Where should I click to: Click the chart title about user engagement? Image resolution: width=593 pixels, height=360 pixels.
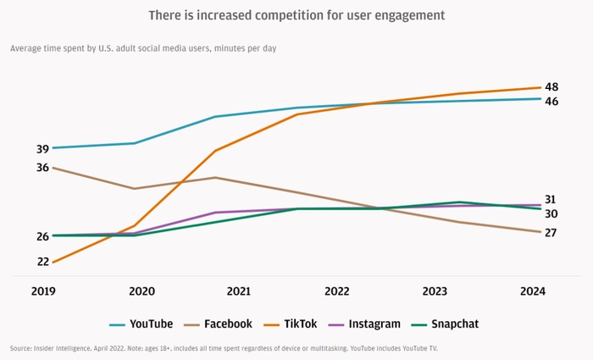(296, 15)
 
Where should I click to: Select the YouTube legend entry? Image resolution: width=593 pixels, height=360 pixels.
(141, 324)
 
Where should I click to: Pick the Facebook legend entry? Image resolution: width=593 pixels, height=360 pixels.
(218, 324)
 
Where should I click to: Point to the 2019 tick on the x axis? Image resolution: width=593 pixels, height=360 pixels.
(43, 291)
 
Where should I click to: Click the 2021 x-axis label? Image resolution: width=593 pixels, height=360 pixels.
(239, 291)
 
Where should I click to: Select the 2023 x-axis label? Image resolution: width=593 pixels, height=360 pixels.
(435, 291)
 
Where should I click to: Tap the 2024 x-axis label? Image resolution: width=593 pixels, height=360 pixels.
(533, 291)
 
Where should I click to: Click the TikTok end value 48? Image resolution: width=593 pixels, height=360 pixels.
(551, 87)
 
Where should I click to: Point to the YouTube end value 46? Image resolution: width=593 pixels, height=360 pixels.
(551, 102)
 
